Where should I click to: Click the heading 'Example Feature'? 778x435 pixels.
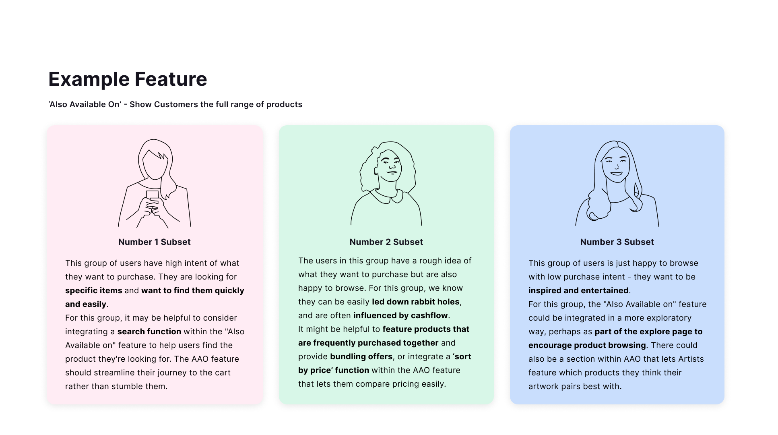[x=128, y=79]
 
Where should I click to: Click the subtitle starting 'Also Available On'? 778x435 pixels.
[x=175, y=104]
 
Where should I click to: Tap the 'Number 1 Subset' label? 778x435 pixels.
[x=155, y=242]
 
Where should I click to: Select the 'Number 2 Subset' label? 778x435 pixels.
[x=386, y=242]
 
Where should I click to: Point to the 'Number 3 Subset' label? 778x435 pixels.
[x=617, y=242]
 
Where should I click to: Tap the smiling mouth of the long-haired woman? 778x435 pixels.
[x=616, y=174]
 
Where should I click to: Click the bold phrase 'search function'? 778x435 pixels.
[x=149, y=331]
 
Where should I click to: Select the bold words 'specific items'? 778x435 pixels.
[x=94, y=290]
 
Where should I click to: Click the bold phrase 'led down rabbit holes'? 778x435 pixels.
[x=416, y=302]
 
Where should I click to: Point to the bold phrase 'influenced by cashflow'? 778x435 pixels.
[x=400, y=315]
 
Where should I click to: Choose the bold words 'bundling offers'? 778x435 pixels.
[x=361, y=356]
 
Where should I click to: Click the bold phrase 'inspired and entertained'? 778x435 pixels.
[x=578, y=290]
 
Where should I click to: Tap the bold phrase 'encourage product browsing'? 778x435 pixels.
[x=587, y=345]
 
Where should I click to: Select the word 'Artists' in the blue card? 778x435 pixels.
[x=691, y=359]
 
